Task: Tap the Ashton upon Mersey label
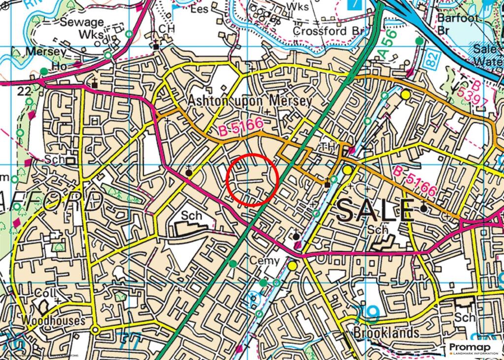250,101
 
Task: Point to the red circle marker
252,179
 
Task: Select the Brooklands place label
386,332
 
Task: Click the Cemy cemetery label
264,261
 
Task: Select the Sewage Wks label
83,28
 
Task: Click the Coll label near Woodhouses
43,292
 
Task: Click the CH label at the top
167,29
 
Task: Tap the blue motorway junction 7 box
354,4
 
